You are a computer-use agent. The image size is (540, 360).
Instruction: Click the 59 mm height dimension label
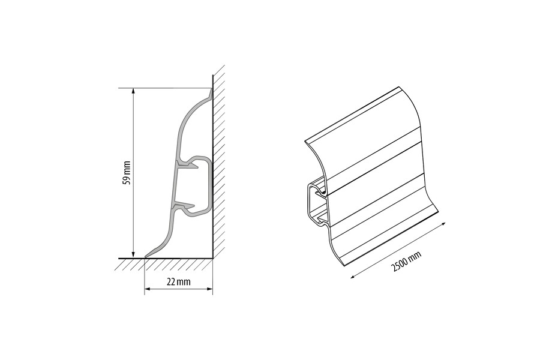tap(127, 173)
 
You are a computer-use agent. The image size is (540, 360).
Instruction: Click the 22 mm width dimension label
tap(178, 282)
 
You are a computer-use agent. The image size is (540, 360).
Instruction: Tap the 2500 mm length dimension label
tap(407, 261)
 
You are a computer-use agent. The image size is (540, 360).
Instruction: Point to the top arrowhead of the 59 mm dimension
tap(133, 91)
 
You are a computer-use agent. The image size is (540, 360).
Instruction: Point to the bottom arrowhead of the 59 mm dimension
tap(133, 255)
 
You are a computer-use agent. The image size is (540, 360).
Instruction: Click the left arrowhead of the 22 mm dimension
tap(148, 289)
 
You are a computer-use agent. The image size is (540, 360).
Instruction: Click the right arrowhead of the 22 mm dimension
tap(209, 289)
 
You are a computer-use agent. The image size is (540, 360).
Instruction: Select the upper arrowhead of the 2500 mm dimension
tap(443, 224)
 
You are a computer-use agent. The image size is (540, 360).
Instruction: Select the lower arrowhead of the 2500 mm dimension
tap(353, 275)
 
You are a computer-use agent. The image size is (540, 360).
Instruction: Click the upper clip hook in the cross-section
tap(189, 166)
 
